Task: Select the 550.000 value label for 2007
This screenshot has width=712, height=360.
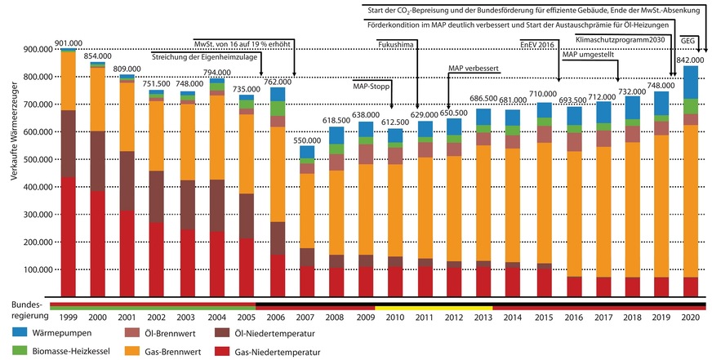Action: [x=305, y=141]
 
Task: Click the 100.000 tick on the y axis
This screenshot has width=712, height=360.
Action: [x=32, y=270]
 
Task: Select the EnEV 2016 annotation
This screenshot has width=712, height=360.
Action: [x=537, y=46]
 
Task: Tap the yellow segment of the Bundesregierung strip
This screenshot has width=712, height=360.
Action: [x=434, y=307]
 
